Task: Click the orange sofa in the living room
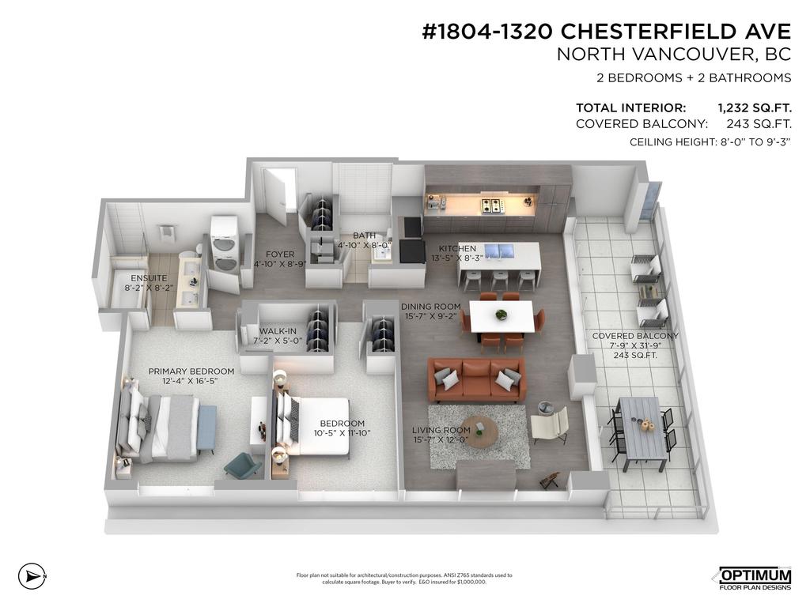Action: (476, 379)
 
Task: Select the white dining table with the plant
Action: (502, 316)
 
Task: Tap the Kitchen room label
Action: (457, 248)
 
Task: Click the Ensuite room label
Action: (149, 278)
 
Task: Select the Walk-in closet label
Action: (278, 331)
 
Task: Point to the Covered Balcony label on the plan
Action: (635, 336)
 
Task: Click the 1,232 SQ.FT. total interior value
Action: (754, 107)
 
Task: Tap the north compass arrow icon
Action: (32, 575)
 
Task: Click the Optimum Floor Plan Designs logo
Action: (755, 578)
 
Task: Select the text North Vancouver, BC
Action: (674, 55)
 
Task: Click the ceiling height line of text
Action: (710, 142)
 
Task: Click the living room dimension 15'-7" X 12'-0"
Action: (441, 439)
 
